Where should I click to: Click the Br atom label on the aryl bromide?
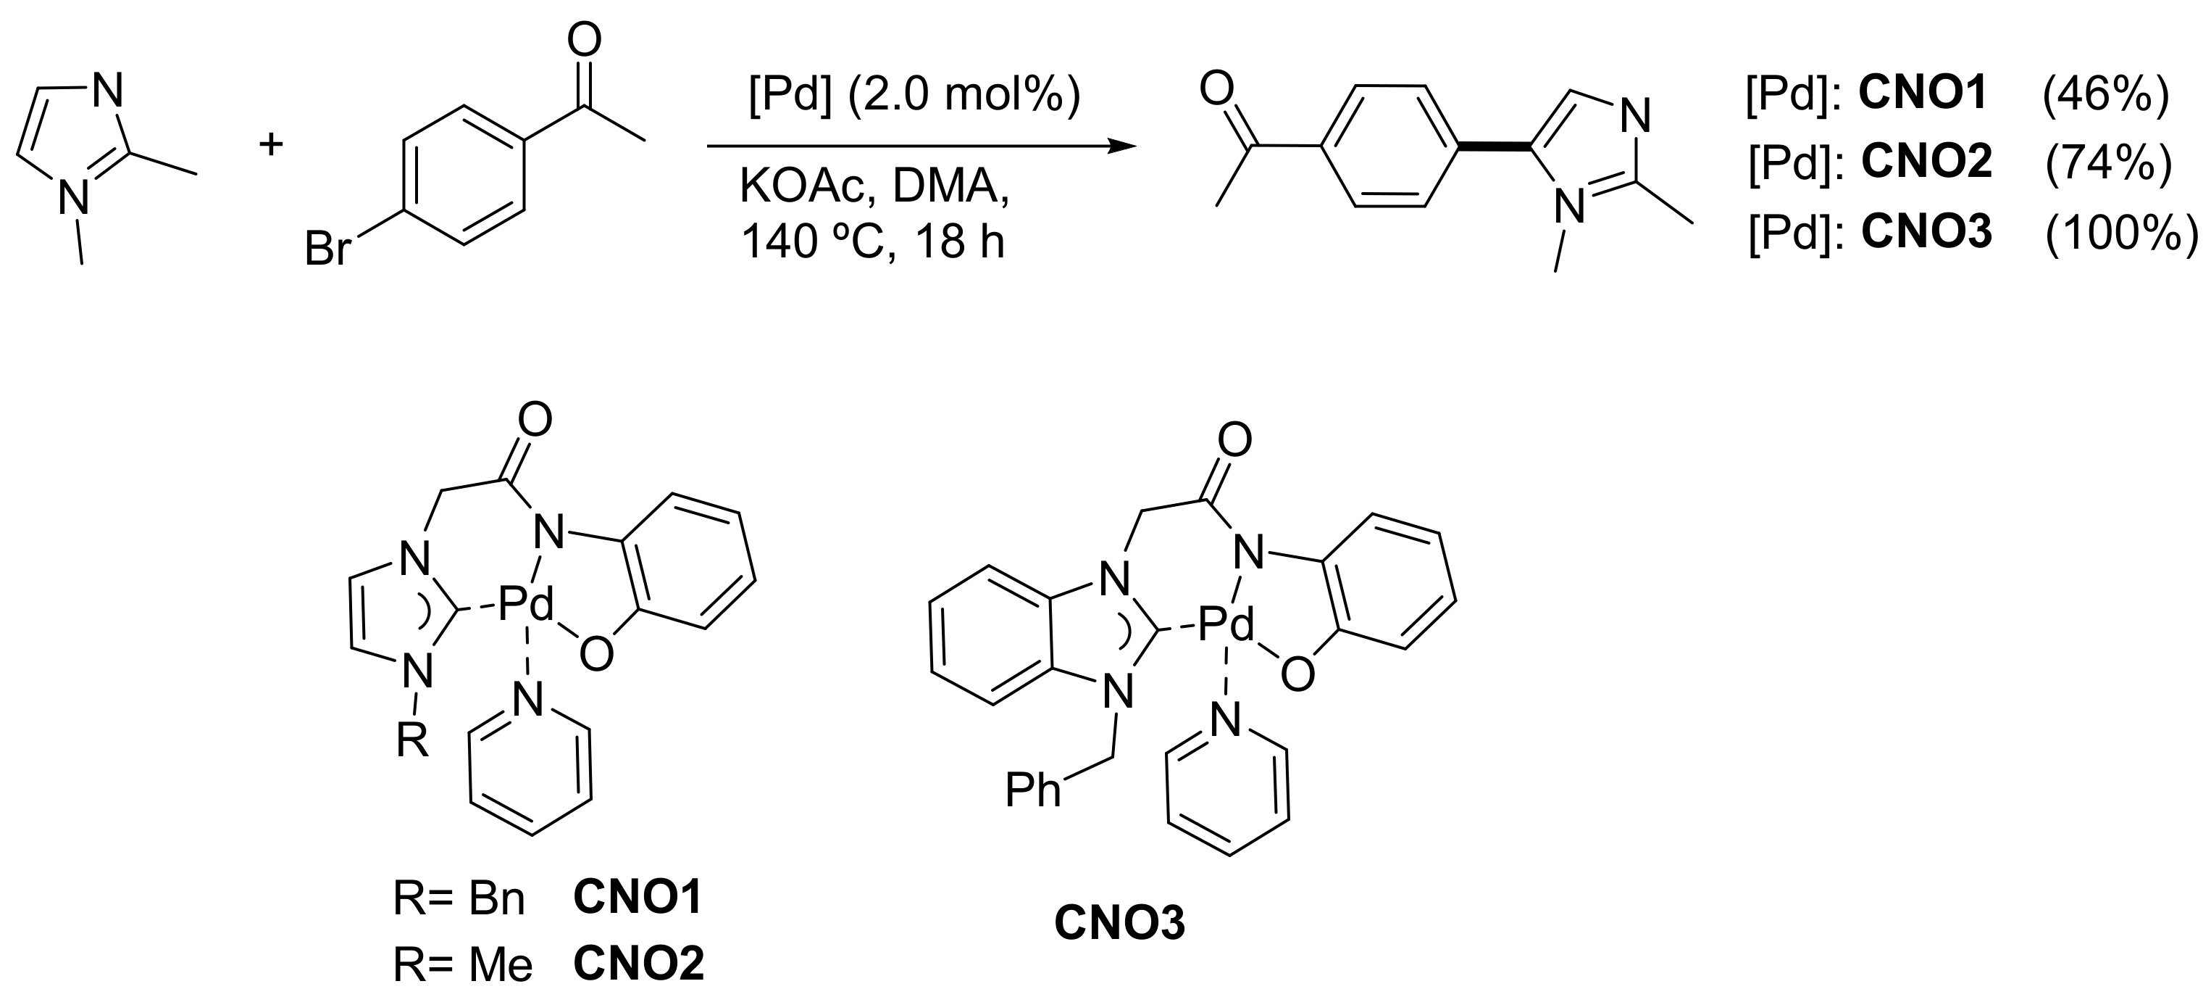tap(328, 251)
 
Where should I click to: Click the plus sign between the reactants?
tap(271, 144)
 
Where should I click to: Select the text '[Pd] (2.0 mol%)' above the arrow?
tap(914, 96)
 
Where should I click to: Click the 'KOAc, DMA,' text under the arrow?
tap(874, 186)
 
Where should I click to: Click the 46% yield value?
tap(2105, 94)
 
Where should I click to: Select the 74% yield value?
tap(2108, 162)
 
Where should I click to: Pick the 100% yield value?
tap(2120, 232)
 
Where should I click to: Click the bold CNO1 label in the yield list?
tap(1923, 94)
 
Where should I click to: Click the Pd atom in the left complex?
tap(525, 606)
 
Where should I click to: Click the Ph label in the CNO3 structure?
tap(1033, 790)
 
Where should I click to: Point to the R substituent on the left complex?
tap(412, 740)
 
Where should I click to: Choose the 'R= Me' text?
tap(463, 965)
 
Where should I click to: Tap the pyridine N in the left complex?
tap(529, 700)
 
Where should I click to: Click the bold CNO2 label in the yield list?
tap(1926, 162)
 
